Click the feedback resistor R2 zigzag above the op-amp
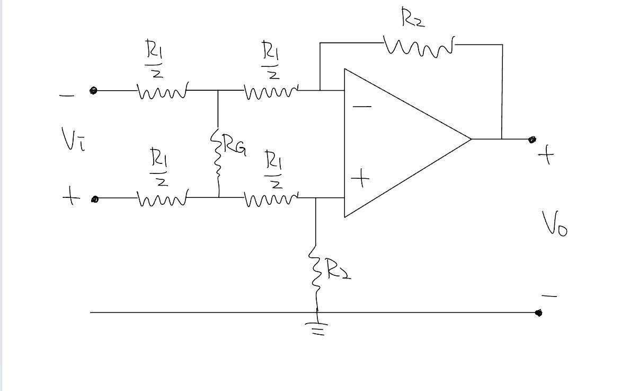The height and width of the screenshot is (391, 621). point(419,47)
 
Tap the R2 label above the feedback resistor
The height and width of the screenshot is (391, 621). point(413,19)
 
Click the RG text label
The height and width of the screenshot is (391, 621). point(234,144)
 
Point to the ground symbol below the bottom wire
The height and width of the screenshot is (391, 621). point(317,329)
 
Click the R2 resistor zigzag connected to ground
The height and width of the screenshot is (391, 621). point(316,273)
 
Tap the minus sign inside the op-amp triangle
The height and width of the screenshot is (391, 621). point(362,107)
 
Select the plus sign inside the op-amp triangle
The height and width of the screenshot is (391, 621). point(360,178)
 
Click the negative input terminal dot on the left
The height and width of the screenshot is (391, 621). point(93,91)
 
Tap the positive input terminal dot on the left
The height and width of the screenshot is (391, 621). point(95,199)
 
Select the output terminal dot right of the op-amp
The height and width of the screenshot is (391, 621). point(532,140)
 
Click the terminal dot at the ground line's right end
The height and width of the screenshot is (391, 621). point(539,313)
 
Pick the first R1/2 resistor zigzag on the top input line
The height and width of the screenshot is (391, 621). point(162,92)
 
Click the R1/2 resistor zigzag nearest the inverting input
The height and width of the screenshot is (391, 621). point(271,92)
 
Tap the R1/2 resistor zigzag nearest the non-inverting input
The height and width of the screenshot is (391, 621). point(271,199)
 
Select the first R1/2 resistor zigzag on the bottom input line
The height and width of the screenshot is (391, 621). point(162,199)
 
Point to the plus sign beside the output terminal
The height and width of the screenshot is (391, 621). point(546,155)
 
